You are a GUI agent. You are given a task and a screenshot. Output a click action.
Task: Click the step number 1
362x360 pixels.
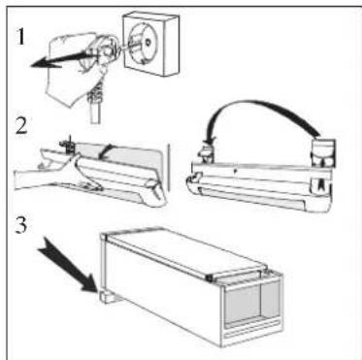point(20,37)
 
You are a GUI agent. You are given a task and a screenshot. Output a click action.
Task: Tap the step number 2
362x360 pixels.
point(21,126)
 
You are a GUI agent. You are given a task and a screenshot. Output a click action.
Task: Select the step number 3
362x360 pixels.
point(21,225)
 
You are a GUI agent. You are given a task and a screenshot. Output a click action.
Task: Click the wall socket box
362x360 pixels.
point(151,43)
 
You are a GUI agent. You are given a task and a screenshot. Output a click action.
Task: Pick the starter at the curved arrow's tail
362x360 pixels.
point(323,152)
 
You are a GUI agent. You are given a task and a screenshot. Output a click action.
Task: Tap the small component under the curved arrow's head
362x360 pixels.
point(207,153)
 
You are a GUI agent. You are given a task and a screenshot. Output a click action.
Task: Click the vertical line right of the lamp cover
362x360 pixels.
point(168,167)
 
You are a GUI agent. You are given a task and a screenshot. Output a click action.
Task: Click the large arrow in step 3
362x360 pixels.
point(67,264)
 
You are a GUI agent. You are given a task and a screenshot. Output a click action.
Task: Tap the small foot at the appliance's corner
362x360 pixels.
point(106,297)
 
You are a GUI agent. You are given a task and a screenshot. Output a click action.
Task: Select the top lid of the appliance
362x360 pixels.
point(186,250)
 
